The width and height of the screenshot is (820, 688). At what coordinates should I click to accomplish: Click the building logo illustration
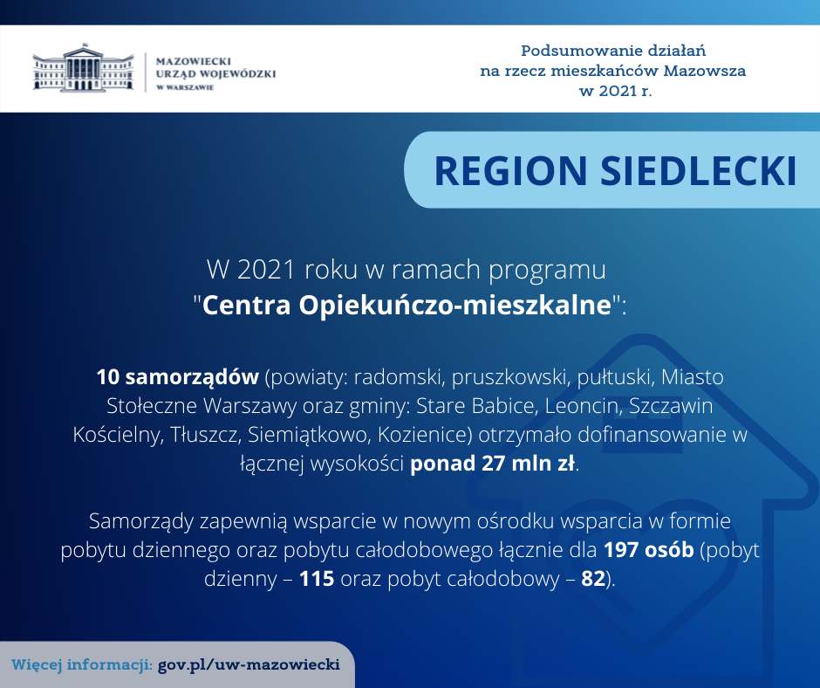pyautogui.click(x=83, y=68)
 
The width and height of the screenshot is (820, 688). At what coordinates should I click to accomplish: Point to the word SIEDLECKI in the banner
pyautogui.click(x=698, y=170)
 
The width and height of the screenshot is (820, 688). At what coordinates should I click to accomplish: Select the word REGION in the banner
pyautogui.click(x=511, y=170)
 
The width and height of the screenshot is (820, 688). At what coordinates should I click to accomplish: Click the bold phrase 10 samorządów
pyautogui.click(x=178, y=377)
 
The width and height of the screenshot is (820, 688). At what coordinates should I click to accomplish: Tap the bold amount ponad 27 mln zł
pyautogui.click(x=493, y=464)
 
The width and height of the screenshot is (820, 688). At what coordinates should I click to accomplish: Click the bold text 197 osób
pyautogui.click(x=648, y=550)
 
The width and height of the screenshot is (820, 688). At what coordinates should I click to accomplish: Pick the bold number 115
pyautogui.click(x=317, y=579)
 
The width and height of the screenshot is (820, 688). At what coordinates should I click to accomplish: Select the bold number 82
pyautogui.click(x=593, y=579)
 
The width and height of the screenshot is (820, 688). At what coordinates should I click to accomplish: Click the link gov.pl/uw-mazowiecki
pyautogui.click(x=249, y=665)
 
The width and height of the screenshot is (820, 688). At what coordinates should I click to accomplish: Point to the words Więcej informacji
pyautogui.click(x=82, y=665)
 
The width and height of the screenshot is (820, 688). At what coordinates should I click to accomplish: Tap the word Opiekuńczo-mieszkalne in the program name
pyautogui.click(x=455, y=305)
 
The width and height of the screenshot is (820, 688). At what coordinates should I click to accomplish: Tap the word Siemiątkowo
pyautogui.click(x=307, y=435)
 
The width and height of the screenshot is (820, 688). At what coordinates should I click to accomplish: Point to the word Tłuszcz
pyautogui.click(x=205, y=435)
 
